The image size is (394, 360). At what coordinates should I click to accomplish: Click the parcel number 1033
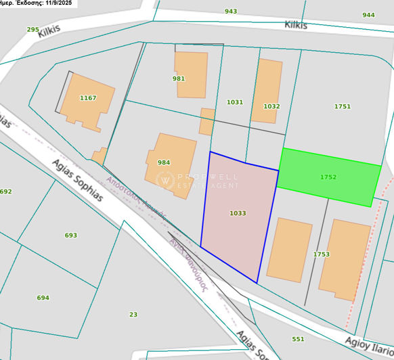click(x=238, y=213)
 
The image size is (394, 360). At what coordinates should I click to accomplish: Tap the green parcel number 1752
click(x=328, y=177)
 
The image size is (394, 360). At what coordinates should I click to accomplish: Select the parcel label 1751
click(x=343, y=106)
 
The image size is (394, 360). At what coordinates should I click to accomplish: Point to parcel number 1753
click(x=322, y=254)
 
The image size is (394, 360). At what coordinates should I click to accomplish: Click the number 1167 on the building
click(x=88, y=98)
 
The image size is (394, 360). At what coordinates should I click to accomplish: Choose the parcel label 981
click(x=179, y=78)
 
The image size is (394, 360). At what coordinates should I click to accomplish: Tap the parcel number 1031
click(x=235, y=102)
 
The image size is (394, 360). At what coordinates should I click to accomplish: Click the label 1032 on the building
click(x=271, y=106)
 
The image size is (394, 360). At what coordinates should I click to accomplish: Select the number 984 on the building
click(x=164, y=162)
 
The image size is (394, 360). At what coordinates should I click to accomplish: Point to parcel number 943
click(x=231, y=12)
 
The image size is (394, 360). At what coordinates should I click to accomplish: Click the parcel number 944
click(x=368, y=15)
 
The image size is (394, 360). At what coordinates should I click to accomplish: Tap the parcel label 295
click(x=32, y=29)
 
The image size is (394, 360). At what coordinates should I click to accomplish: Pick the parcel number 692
click(x=5, y=192)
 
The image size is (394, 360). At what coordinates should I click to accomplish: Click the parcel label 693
click(x=70, y=235)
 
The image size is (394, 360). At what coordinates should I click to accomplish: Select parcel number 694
click(x=43, y=298)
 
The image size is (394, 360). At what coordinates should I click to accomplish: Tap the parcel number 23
click(x=133, y=314)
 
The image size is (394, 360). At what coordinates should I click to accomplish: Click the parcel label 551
click(x=298, y=339)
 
